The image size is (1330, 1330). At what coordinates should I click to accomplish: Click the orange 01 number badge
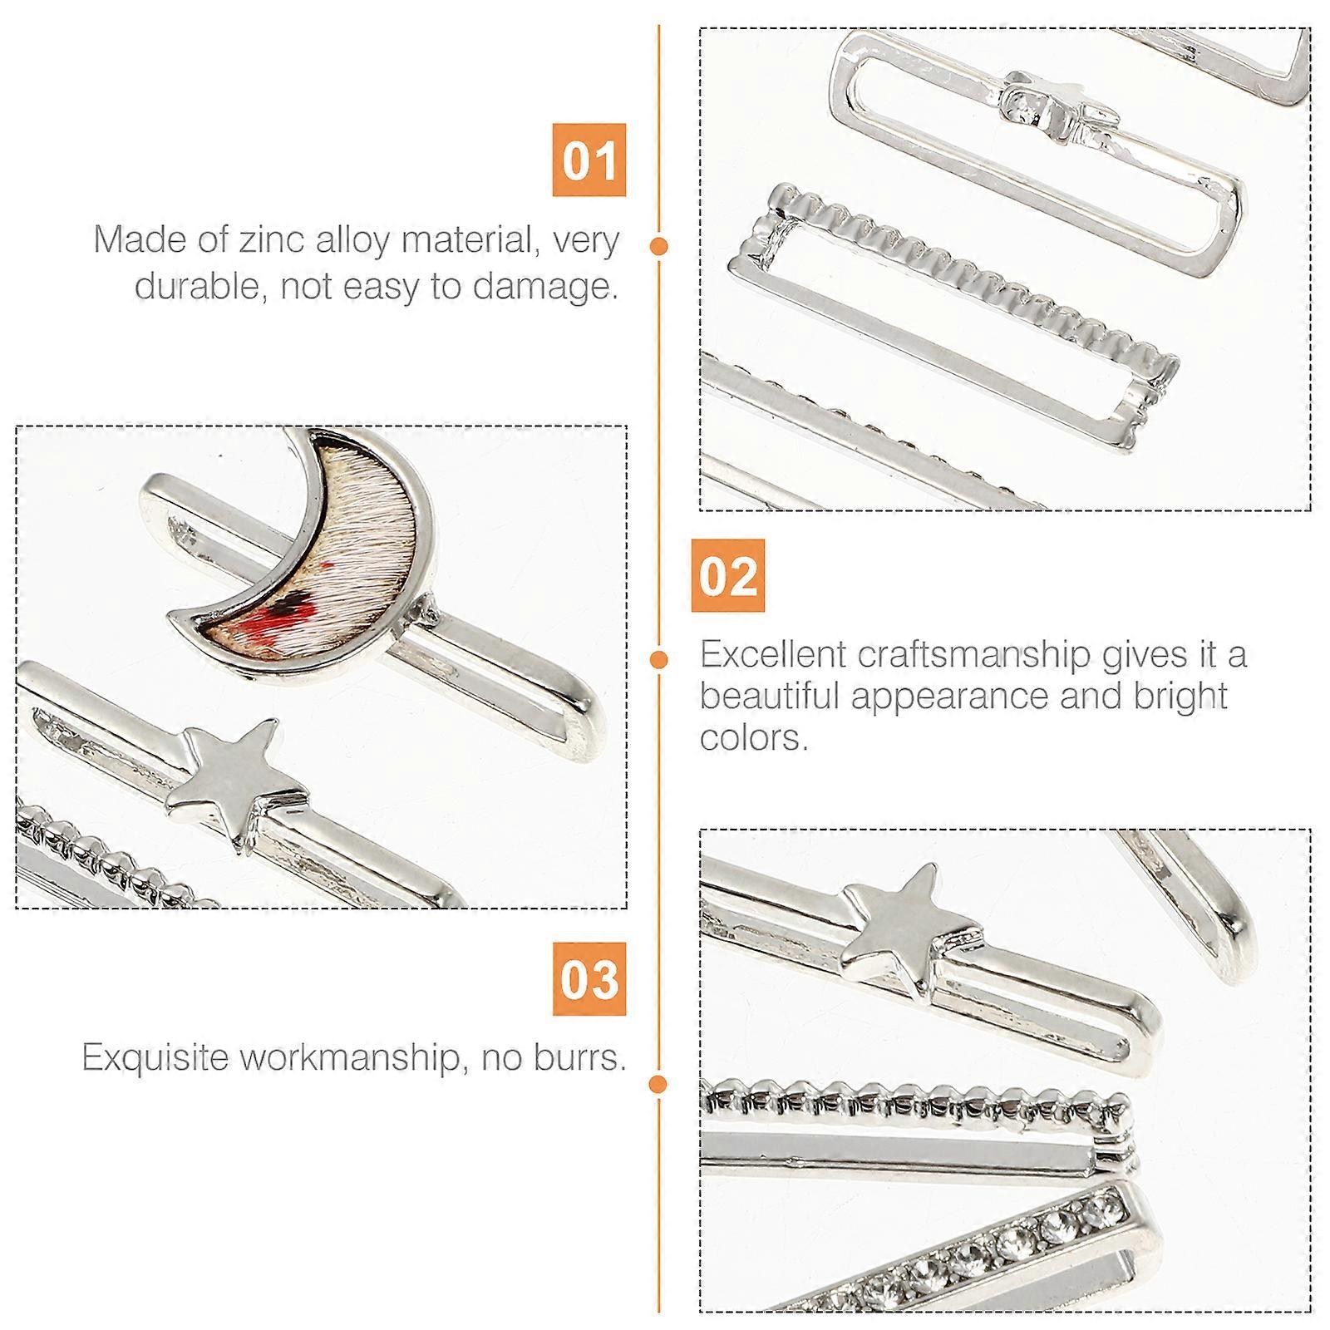[589, 160]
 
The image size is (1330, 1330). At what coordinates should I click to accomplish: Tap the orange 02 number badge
[727, 575]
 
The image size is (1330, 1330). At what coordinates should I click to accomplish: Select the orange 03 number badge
[589, 978]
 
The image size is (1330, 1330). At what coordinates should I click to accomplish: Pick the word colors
[754, 738]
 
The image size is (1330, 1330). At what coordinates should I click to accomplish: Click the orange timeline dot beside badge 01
[659, 246]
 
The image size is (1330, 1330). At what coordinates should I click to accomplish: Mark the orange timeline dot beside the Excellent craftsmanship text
[659, 660]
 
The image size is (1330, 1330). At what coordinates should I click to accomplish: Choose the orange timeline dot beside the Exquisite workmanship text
[659, 1084]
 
